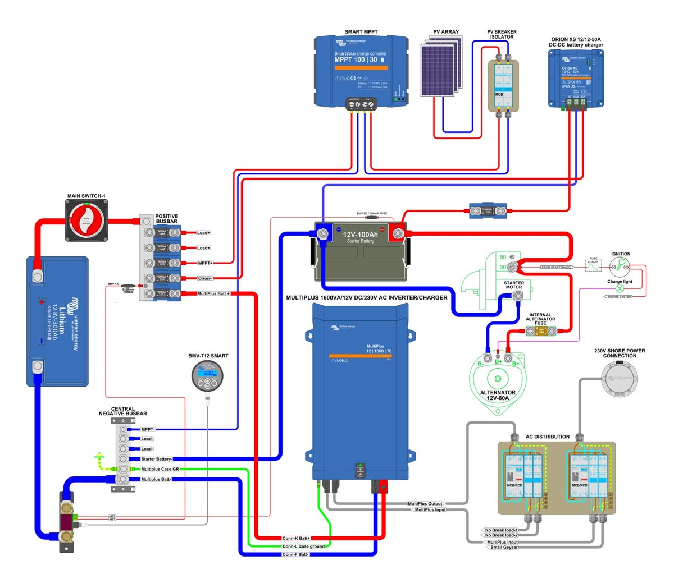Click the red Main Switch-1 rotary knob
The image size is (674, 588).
[x=86, y=220]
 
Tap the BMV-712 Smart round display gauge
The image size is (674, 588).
[x=207, y=375]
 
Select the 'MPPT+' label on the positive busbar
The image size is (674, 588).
[x=205, y=263]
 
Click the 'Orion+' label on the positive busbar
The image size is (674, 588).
[x=205, y=278]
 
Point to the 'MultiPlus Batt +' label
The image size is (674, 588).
[x=213, y=293]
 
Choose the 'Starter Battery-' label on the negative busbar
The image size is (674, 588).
[x=156, y=459]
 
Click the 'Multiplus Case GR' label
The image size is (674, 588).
[x=160, y=469]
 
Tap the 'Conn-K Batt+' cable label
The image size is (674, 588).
[x=296, y=538]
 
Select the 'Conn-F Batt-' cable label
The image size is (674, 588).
[x=295, y=554]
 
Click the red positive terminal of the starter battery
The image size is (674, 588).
[x=398, y=232]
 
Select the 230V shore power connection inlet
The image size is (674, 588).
[x=620, y=379]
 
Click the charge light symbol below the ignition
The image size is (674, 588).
[x=620, y=288]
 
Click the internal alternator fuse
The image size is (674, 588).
[x=541, y=332]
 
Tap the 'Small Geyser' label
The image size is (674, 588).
[x=504, y=548]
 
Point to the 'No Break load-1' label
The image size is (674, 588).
[x=501, y=530]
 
